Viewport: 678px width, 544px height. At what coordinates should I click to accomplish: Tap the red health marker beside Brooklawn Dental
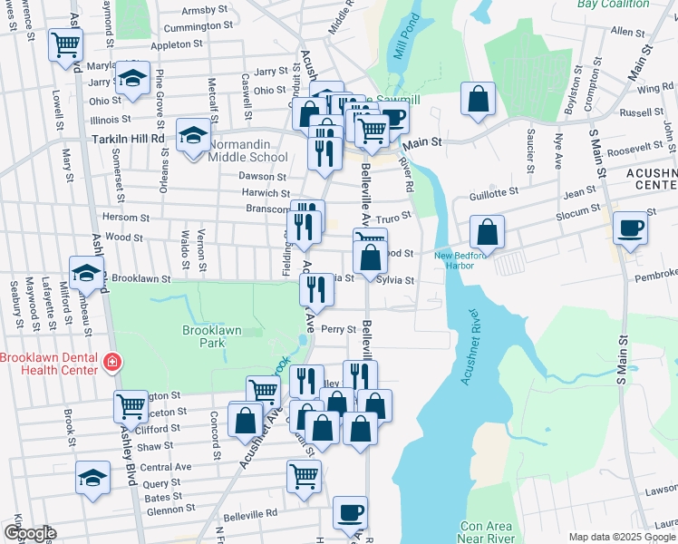112,363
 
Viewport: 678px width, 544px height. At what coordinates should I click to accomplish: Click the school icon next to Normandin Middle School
192,136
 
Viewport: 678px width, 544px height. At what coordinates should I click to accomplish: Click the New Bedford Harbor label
468,260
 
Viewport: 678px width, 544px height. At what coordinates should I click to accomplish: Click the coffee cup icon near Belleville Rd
350,512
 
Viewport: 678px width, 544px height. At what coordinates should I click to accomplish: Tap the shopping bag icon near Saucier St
478,98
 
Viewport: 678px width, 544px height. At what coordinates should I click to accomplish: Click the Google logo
30,533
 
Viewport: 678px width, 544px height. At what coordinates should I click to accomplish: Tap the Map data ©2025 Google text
622,537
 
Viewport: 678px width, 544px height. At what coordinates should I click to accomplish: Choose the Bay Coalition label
614,4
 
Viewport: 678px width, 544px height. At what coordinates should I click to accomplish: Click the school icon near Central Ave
92,477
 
